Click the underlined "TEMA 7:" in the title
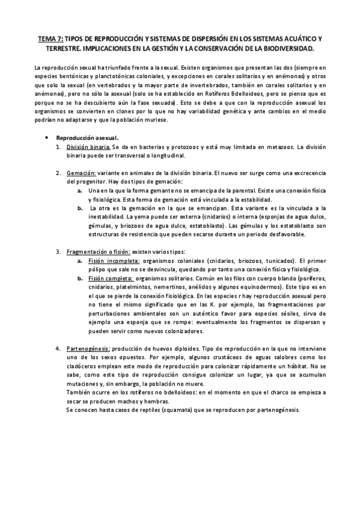click(x=51, y=37)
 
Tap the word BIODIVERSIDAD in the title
click(x=287, y=46)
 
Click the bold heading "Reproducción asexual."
click(x=87, y=137)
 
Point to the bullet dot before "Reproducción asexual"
click(x=46, y=137)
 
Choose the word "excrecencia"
click(x=306, y=173)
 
